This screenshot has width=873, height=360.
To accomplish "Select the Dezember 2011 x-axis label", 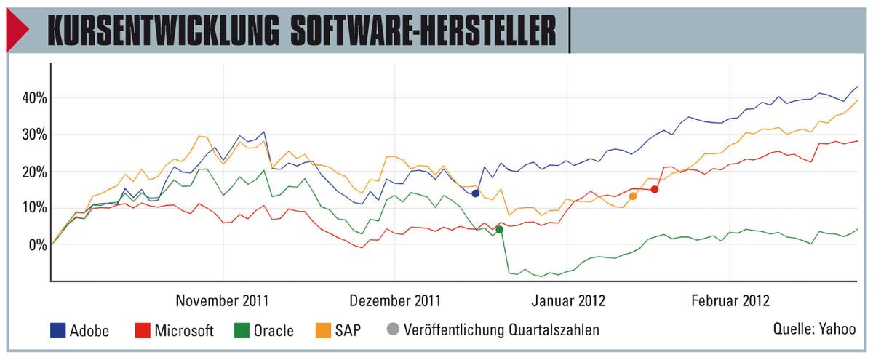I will pyautogui.click(x=395, y=299).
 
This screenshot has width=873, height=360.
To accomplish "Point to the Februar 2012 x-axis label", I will pyautogui.click(x=730, y=299).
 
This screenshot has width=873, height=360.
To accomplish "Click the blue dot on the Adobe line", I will pyautogui.click(x=475, y=193).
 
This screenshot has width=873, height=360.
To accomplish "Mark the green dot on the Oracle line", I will pyautogui.click(x=499, y=230).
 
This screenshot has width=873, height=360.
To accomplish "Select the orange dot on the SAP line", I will pyautogui.click(x=633, y=196).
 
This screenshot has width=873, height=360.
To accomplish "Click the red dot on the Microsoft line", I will pyautogui.click(x=655, y=189).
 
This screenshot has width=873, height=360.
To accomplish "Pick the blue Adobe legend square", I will pyautogui.click(x=57, y=332).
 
